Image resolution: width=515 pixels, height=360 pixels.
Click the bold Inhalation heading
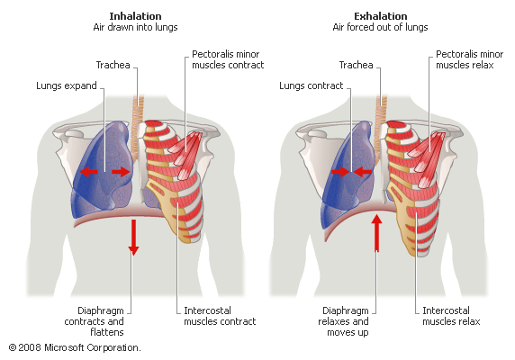coord(135,16)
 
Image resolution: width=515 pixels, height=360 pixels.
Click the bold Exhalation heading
coord(380,16)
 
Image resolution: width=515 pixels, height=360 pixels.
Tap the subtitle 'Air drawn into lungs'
coord(135,27)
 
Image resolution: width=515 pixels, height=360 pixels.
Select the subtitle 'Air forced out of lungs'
coord(380,27)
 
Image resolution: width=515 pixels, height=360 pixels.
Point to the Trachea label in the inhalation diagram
coord(113,65)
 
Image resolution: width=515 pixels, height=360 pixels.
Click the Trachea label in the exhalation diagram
coord(356,65)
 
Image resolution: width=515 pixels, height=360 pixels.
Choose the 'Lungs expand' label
coord(67,85)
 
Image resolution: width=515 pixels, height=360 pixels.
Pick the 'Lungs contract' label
coord(311,85)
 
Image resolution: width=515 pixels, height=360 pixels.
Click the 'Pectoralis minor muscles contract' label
coord(228,59)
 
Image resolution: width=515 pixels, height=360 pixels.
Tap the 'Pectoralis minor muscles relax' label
coord(470,59)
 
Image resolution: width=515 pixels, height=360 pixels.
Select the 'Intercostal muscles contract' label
coord(220,316)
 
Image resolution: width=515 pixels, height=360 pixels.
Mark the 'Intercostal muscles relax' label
coord(451,316)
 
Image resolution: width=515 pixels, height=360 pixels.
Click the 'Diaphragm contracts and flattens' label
coord(95,321)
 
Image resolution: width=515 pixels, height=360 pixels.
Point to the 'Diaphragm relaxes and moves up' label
coord(343,321)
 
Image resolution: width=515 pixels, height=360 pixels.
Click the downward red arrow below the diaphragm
coord(133,238)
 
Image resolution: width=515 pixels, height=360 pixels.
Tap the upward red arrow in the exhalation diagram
coord(376,233)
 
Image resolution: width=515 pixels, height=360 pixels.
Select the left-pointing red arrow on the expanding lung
coord(89,172)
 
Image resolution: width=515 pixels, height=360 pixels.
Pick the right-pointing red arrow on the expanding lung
coord(121,172)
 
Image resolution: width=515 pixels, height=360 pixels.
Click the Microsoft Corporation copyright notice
coord(75,347)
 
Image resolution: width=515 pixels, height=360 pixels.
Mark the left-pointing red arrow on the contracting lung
coord(363,172)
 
